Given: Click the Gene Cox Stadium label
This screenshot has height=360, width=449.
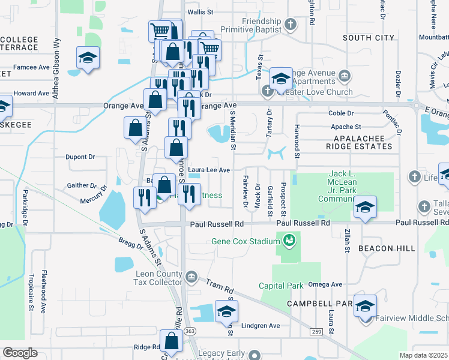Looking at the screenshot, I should [x=247, y=241].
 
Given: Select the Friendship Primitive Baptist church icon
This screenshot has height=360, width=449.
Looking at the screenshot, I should [x=291, y=25].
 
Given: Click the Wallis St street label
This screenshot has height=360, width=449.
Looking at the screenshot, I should [x=200, y=12].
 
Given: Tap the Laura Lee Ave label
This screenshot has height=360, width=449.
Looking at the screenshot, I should [x=209, y=170].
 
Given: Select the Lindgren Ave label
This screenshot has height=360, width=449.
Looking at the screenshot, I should [x=262, y=326].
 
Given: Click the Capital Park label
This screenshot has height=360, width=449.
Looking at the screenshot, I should [x=281, y=286].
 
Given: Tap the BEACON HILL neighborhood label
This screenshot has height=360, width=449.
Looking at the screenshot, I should [x=387, y=248].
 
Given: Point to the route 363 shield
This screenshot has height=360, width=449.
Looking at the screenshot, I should [x=189, y=331].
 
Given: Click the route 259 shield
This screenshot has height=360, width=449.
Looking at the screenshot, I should [x=316, y=331].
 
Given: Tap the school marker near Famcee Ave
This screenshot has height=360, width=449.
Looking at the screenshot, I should [x=88, y=59].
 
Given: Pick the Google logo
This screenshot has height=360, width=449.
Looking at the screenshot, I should [x=20, y=353].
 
